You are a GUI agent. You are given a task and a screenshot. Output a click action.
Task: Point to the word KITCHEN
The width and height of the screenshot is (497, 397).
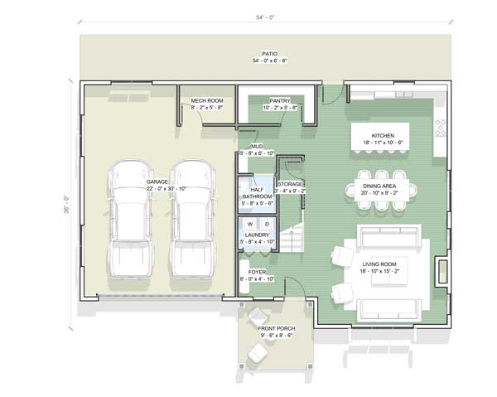(x=382, y=135)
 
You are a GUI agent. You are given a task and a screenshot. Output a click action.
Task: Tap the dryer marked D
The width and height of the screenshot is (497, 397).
(x=267, y=225)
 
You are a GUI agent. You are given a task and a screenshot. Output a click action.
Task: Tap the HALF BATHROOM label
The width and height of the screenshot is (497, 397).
(x=256, y=193)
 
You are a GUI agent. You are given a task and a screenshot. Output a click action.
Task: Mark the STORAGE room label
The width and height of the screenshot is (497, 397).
(x=291, y=183)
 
